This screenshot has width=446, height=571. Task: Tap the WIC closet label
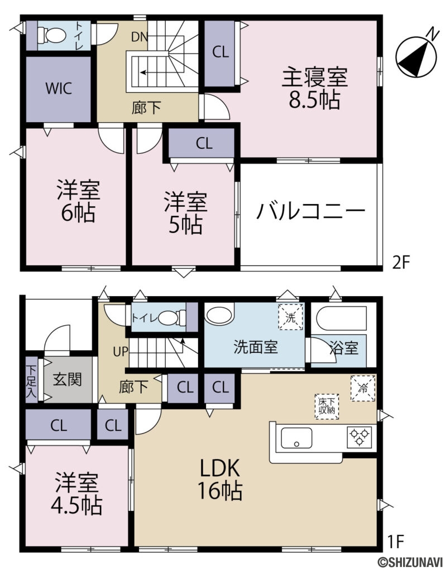pyautogui.click(x=59, y=89)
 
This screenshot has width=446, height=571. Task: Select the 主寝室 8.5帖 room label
pyautogui.click(x=315, y=88)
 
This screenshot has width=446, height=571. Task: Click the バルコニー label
pyautogui.click(x=311, y=212)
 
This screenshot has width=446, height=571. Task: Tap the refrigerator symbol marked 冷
pyautogui.click(x=363, y=388)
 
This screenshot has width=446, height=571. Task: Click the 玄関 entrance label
pyautogui.click(x=68, y=380)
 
